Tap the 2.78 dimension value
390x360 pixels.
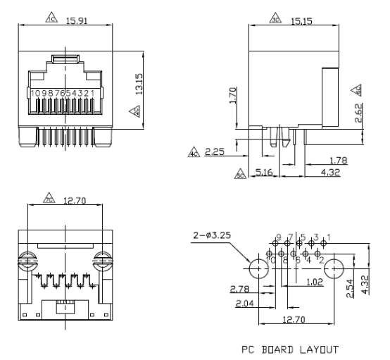tap(240, 290)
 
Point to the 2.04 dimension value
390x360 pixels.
tap(240, 305)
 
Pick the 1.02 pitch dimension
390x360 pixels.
tap(315, 283)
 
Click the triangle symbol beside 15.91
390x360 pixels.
tap(51, 21)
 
